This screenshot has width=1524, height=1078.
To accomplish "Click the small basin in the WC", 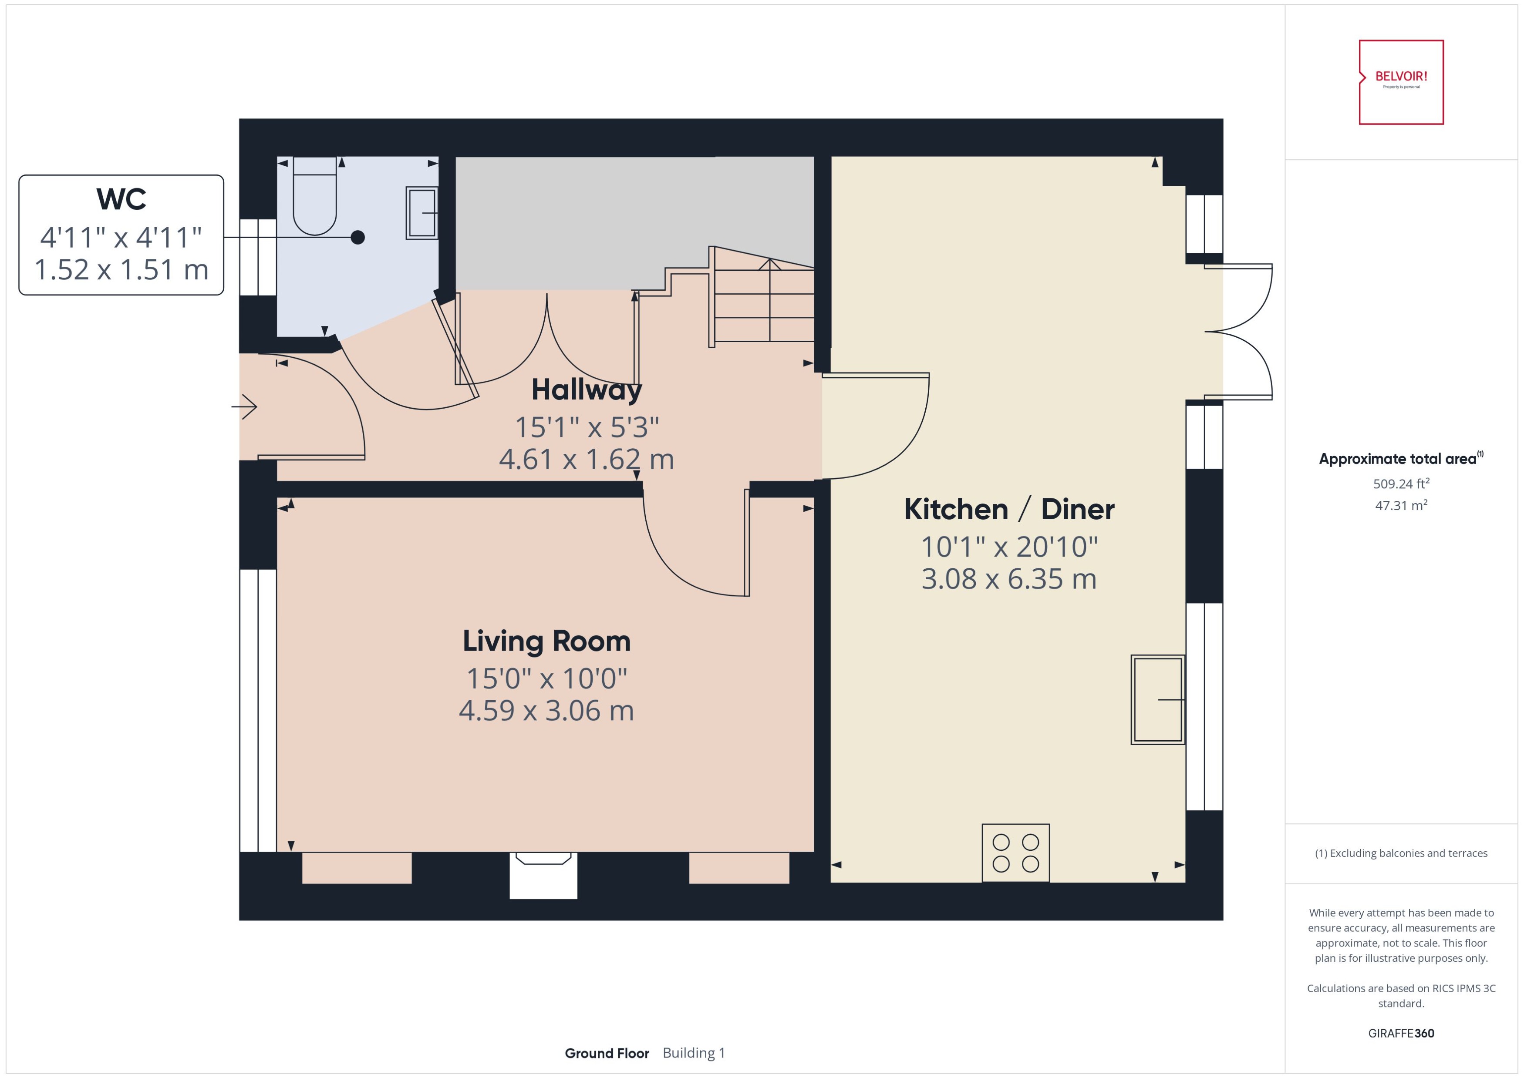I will pyautogui.click(x=421, y=213).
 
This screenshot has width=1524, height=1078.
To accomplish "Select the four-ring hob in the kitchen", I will pyautogui.click(x=1015, y=853).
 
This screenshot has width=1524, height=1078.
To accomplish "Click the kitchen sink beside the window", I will pyautogui.click(x=1157, y=700).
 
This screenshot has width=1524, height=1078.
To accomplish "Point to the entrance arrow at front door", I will pyautogui.click(x=245, y=406).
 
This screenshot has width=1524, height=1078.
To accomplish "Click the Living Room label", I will pyautogui.click(x=546, y=641).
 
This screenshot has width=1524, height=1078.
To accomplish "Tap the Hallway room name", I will pyautogui.click(x=587, y=390).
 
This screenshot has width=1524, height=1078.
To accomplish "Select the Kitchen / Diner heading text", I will pyautogui.click(x=1009, y=509).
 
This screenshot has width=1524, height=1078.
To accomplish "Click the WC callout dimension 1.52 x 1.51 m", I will pyautogui.click(x=121, y=269).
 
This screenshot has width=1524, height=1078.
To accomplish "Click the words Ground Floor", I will pyautogui.click(x=606, y=1054).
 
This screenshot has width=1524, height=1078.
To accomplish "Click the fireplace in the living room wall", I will pyautogui.click(x=543, y=875).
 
